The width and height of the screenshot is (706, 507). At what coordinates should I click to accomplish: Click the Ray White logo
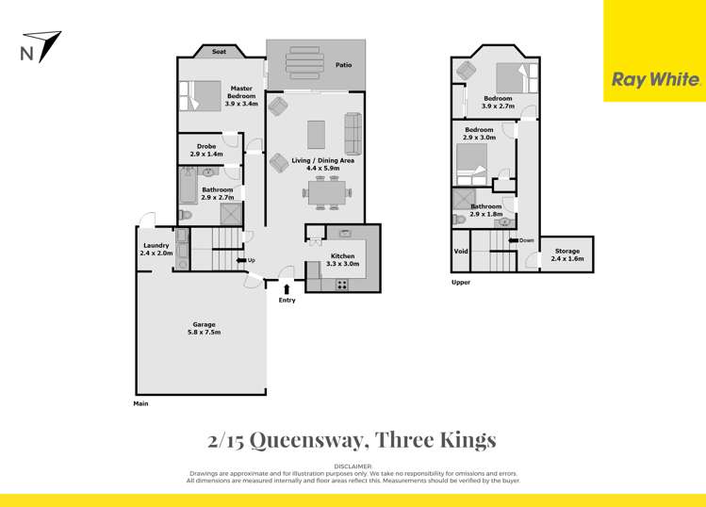click(x=655, y=80)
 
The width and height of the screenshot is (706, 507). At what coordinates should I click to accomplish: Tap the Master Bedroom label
click(x=223, y=92)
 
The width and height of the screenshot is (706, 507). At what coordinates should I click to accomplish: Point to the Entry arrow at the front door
click(x=287, y=287)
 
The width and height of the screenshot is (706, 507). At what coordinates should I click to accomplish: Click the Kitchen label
click(x=342, y=256)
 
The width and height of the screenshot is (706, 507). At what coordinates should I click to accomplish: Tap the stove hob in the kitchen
click(x=342, y=284)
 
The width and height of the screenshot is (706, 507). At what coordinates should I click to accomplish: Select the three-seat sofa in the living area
click(x=353, y=134)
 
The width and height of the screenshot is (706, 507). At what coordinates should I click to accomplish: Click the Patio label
click(x=344, y=65)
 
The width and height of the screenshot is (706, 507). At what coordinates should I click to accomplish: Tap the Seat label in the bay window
click(x=219, y=53)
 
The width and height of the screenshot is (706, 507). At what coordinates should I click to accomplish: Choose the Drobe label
click(x=205, y=146)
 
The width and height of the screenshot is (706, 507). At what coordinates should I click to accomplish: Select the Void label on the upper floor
click(x=461, y=252)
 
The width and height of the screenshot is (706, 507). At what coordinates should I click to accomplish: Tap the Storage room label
click(x=567, y=252)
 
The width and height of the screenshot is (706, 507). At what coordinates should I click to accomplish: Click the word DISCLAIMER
click(x=353, y=466)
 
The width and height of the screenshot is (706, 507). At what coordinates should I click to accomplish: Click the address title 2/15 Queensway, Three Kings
click(x=352, y=439)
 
